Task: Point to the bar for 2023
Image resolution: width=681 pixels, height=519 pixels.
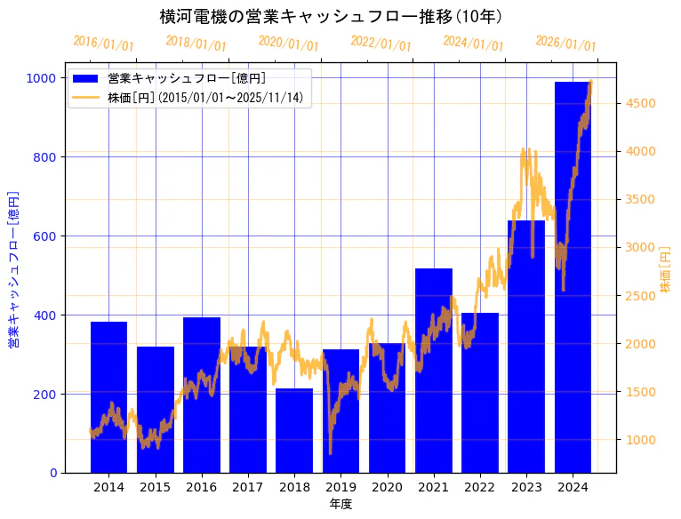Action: coord(526,347)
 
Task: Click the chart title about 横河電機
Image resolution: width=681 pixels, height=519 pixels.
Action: coord(331,17)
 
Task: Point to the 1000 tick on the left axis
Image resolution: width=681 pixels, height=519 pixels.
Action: coord(41,78)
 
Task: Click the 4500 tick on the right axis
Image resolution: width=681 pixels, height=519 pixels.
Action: coord(641,103)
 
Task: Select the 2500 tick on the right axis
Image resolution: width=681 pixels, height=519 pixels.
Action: coord(641,296)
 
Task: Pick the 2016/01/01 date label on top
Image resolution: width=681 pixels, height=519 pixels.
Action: coord(104,44)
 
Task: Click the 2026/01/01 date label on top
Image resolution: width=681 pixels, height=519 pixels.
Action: coord(566,44)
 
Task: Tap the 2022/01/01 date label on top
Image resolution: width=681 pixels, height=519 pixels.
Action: coord(381,44)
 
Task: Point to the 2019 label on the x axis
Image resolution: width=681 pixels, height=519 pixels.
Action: coord(340,487)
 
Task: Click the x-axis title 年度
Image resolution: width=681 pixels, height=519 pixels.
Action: coord(340,504)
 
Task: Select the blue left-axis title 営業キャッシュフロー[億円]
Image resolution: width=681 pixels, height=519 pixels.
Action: coord(13,269)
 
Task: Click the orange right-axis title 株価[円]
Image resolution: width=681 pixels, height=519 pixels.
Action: coord(666,269)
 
